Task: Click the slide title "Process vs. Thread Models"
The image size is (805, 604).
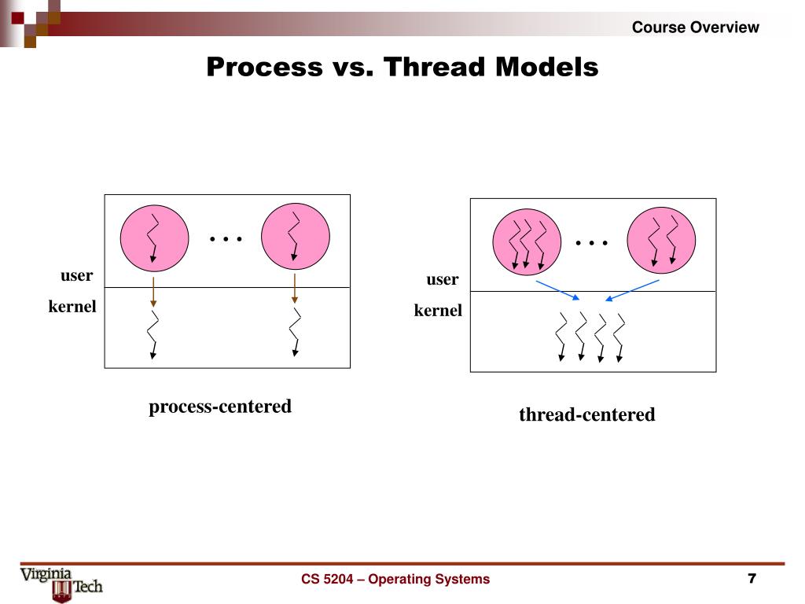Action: tap(402, 67)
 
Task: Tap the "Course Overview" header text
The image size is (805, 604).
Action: tap(696, 28)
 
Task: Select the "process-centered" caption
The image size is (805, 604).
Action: tap(220, 407)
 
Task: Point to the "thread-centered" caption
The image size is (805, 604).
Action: tap(586, 414)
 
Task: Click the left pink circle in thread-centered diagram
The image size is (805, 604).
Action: tap(527, 240)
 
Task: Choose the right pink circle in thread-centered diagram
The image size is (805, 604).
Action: tap(661, 240)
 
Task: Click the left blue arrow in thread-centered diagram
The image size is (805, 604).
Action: tap(557, 289)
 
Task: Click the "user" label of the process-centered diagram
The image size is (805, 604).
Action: tap(77, 276)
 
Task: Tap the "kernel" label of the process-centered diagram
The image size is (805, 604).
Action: tap(72, 307)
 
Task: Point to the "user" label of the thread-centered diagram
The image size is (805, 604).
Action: tap(443, 280)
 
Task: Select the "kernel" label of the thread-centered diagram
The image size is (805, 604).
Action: tap(439, 311)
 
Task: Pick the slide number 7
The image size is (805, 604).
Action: tap(752, 580)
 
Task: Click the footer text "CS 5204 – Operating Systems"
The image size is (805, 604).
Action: tap(395, 580)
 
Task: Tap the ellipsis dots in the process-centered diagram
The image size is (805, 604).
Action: tap(226, 238)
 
